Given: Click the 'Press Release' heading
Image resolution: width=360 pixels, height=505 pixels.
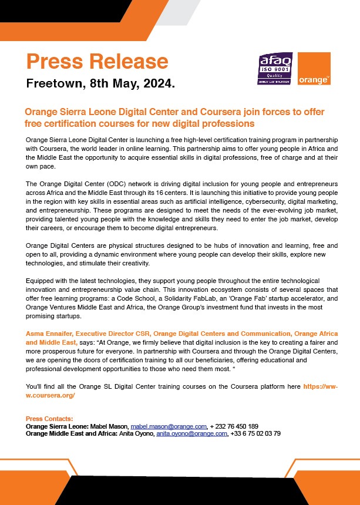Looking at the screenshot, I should (x=97, y=61).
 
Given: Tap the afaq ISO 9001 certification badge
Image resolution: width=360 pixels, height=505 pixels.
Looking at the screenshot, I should (x=275, y=69).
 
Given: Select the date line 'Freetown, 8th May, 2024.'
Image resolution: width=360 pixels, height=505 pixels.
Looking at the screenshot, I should (x=100, y=83).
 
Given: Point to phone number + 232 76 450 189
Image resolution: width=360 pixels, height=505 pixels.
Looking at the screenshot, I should (x=234, y=426).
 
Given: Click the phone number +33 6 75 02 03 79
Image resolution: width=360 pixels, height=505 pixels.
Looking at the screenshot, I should (x=255, y=434).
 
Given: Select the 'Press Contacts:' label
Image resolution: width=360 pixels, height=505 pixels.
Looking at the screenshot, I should (x=49, y=419).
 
